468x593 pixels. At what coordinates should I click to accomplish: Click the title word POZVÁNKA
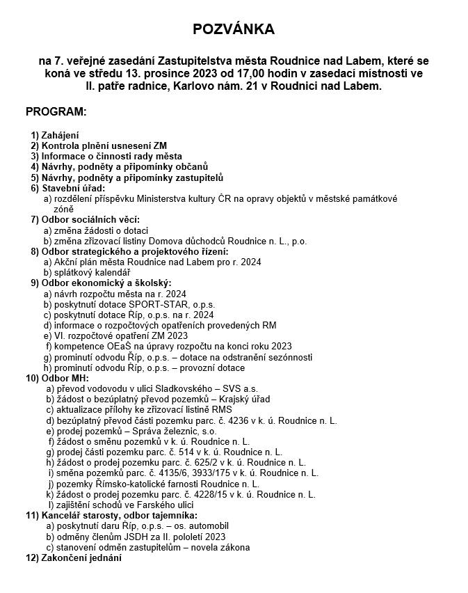click(234, 29)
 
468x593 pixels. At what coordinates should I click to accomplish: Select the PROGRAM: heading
click(56, 111)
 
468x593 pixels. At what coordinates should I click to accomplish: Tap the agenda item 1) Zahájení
click(55, 135)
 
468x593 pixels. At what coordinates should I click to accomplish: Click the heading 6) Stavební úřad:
click(67, 188)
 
